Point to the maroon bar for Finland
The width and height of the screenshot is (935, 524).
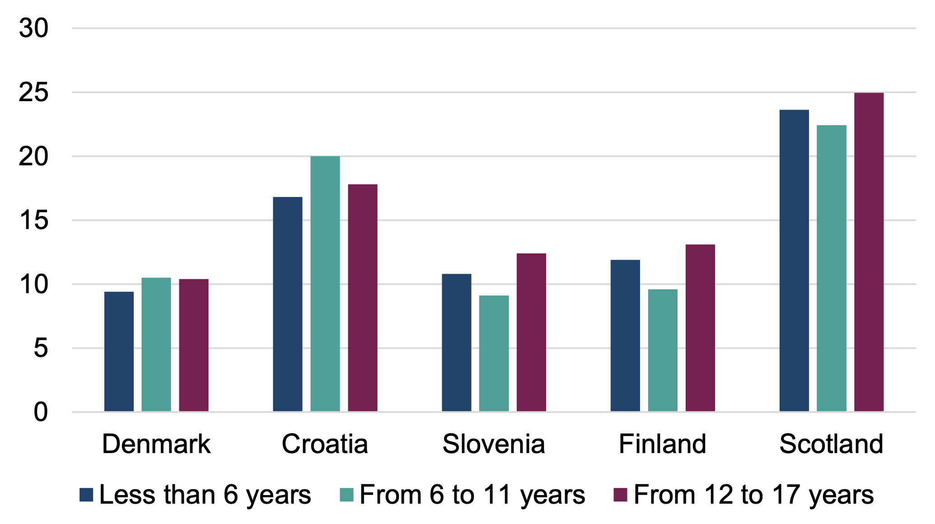700,328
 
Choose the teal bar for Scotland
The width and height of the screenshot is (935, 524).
832,268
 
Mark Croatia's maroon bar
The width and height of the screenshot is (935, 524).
363,298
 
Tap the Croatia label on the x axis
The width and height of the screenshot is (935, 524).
325,444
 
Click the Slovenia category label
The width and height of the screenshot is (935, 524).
494,444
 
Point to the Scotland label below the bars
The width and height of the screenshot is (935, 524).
831,444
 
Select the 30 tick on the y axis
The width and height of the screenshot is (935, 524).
33,28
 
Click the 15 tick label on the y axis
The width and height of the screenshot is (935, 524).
33,220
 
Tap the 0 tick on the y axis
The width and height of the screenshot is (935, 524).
41,412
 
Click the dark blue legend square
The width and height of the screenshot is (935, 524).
86,495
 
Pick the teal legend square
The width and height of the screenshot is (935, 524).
346,495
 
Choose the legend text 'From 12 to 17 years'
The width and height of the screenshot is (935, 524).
753,495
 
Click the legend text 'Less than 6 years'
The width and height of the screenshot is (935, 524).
205,495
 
